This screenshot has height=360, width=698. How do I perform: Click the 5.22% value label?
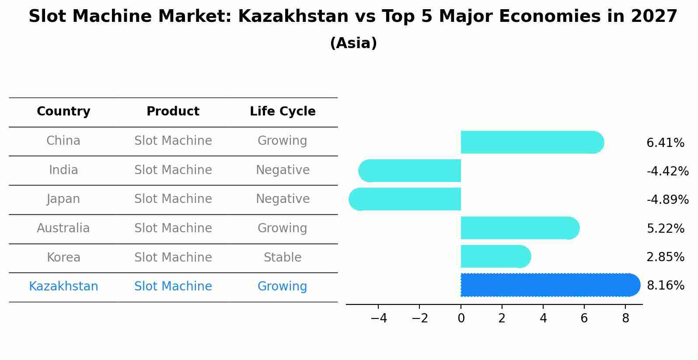pyautogui.click(x=665, y=228)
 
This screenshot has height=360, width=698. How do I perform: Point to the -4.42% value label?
pyautogui.click(x=667, y=171)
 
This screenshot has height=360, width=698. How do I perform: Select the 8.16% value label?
pyautogui.click(x=665, y=285)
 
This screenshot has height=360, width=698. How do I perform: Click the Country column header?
pyautogui.click(x=63, y=112)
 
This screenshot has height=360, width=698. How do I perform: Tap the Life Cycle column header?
pyautogui.click(x=283, y=112)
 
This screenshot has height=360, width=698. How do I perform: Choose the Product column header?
pyautogui.click(x=173, y=112)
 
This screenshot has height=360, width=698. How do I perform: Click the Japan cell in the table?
pyautogui.click(x=63, y=199)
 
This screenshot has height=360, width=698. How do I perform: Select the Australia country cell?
pyautogui.click(x=63, y=228)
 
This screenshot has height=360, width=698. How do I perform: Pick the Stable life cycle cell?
pyautogui.click(x=283, y=258)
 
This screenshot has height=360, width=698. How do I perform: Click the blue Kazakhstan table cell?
pyautogui.click(x=63, y=287)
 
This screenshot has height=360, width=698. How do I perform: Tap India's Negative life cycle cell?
pyautogui.click(x=283, y=170)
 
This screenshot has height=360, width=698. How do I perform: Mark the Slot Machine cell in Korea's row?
pyautogui.click(x=173, y=258)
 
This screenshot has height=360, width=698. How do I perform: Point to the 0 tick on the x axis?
pyautogui.click(x=461, y=318)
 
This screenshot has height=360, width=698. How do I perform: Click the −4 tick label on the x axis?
pyautogui.click(x=379, y=318)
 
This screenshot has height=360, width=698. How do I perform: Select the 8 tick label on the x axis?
pyautogui.click(x=625, y=318)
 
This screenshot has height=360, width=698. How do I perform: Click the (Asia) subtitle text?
pyautogui.click(x=353, y=43)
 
